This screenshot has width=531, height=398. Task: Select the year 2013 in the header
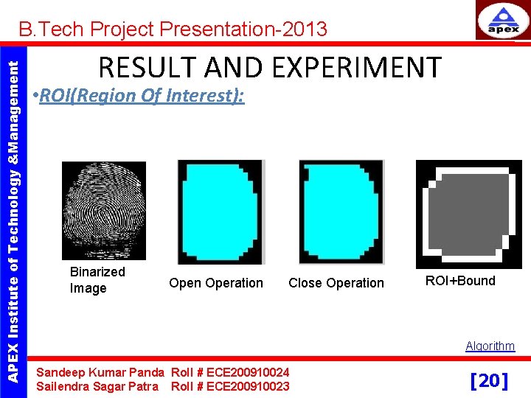303,29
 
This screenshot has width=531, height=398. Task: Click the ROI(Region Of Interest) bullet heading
142,96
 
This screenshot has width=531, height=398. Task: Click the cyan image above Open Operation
221,212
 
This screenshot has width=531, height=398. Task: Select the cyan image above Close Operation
341,212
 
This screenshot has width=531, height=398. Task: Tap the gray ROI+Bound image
468,214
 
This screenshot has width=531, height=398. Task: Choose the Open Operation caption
215,283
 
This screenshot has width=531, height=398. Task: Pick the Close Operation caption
336,283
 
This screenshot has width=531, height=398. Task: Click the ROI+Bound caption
460,281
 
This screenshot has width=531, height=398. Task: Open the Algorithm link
490,346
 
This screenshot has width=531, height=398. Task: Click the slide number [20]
489,380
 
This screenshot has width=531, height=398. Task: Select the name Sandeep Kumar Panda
100,372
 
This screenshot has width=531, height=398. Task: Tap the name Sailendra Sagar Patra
97,386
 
